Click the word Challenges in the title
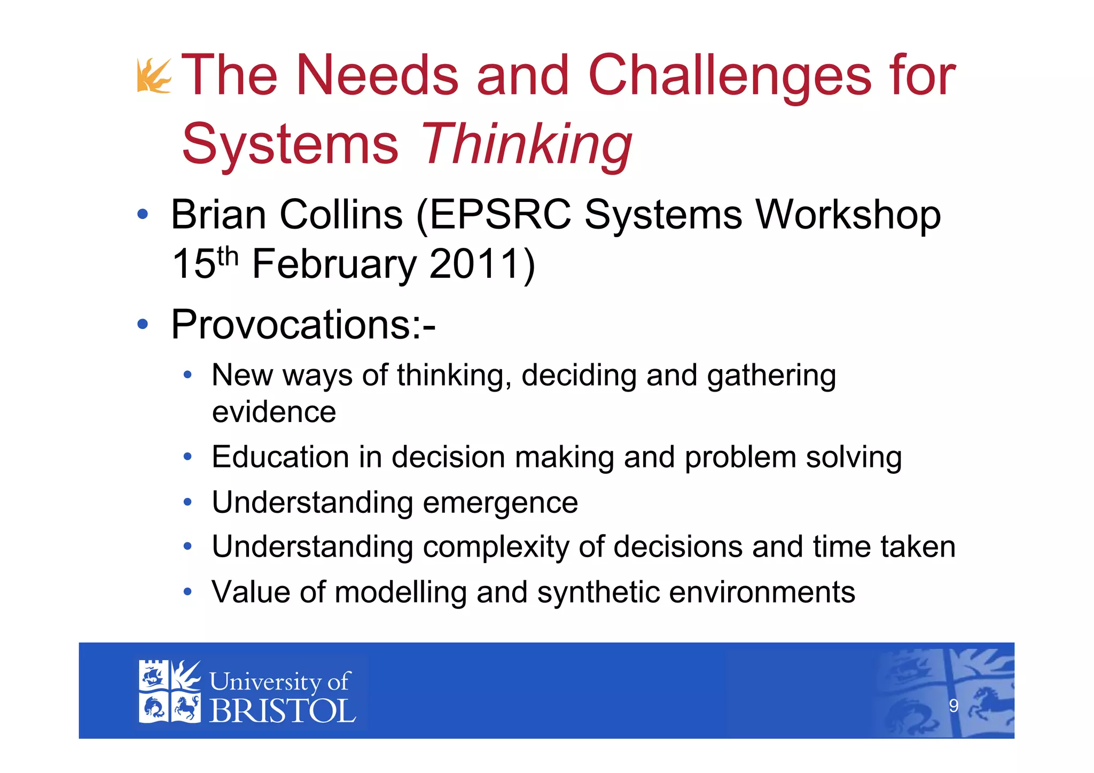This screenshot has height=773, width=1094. click(729, 76)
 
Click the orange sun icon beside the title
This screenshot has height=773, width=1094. click(154, 76)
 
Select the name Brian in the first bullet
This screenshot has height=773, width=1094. click(218, 215)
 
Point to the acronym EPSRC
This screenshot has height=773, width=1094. click(500, 215)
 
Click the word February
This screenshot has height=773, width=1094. click(334, 264)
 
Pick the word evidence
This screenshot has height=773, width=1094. click(274, 412)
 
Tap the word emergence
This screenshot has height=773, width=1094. click(500, 503)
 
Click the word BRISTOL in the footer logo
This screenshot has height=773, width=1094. click(283, 711)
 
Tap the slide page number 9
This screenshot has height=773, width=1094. click(954, 706)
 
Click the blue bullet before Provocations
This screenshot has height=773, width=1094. click(142, 324)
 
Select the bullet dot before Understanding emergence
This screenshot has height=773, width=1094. click(187, 502)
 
